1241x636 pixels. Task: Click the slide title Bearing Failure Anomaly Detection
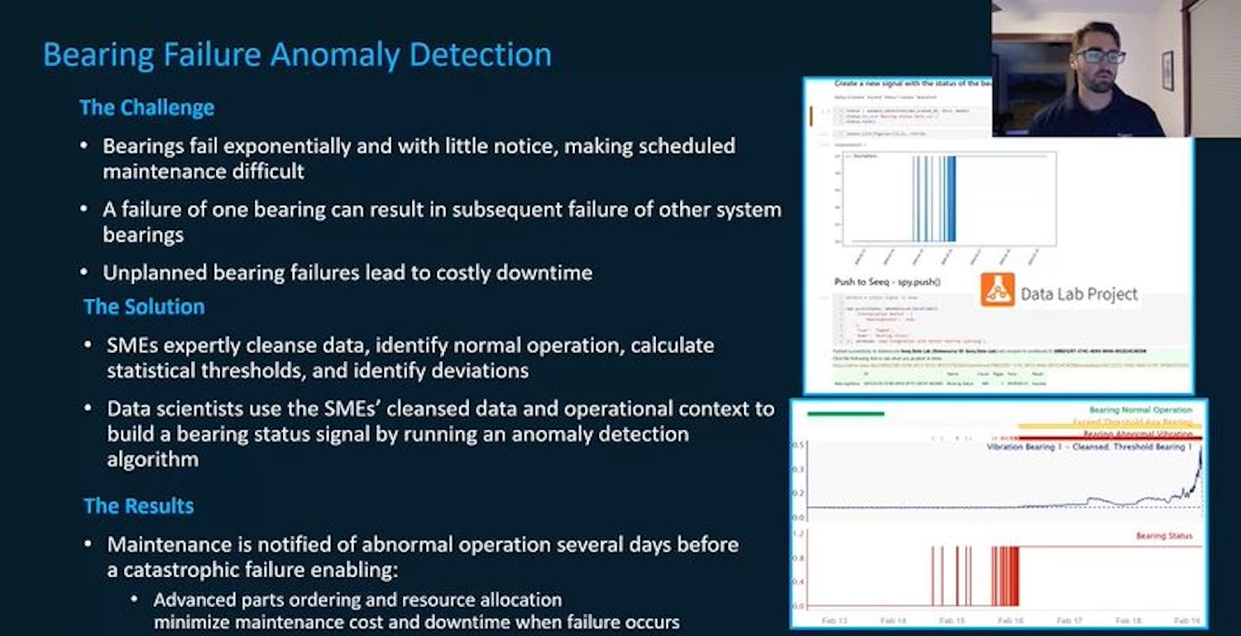(x=297, y=55)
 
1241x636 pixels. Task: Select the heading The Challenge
(x=146, y=108)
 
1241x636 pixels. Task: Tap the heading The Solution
(x=144, y=306)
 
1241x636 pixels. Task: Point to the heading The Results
(x=138, y=506)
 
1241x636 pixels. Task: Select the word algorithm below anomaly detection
(x=153, y=459)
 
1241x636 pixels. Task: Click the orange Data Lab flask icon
(x=997, y=290)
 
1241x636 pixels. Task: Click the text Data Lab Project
(x=1079, y=294)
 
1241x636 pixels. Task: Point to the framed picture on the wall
(x=1167, y=70)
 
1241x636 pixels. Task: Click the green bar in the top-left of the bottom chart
(x=846, y=413)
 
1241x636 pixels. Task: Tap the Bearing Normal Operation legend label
(x=1140, y=410)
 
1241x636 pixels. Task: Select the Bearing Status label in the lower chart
(x=1164, y=536)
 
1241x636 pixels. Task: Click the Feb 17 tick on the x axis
(x=1071, y=619)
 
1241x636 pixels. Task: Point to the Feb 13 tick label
(x=835, y=619)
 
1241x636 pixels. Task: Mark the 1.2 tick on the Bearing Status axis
(x=799, y=534)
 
